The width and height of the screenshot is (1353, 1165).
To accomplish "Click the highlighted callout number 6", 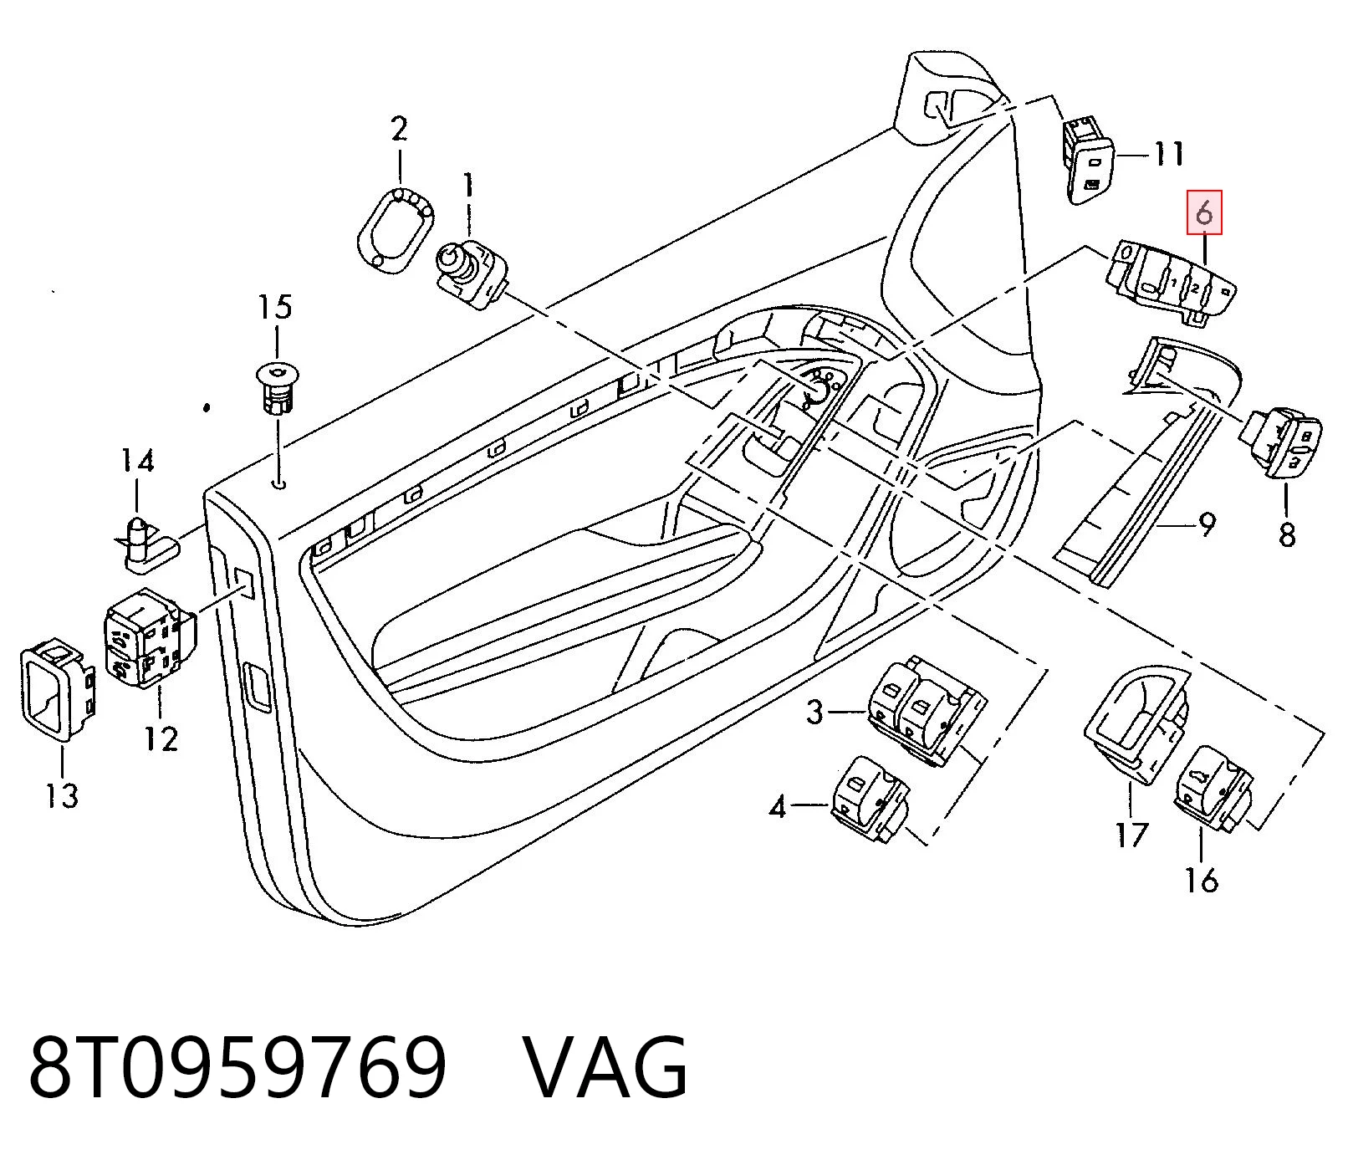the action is click(x=1204, y=212).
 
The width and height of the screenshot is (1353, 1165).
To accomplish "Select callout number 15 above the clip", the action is click(x=275, y=307).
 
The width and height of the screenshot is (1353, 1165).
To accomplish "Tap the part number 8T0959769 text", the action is click(x=238, y=1066).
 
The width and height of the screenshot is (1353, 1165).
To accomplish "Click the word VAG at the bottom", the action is click(x=605, y=1066).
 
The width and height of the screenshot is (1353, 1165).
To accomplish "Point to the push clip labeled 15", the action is click(x=275, y=389).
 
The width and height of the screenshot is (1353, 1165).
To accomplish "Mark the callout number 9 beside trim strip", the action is click(x=1206, y=524).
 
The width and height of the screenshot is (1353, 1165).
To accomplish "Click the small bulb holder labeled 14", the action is click(x=147, y=544).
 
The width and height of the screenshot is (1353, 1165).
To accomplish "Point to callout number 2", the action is click(x=399, y=130).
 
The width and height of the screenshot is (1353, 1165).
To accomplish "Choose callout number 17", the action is click(x=1132, y=834).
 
